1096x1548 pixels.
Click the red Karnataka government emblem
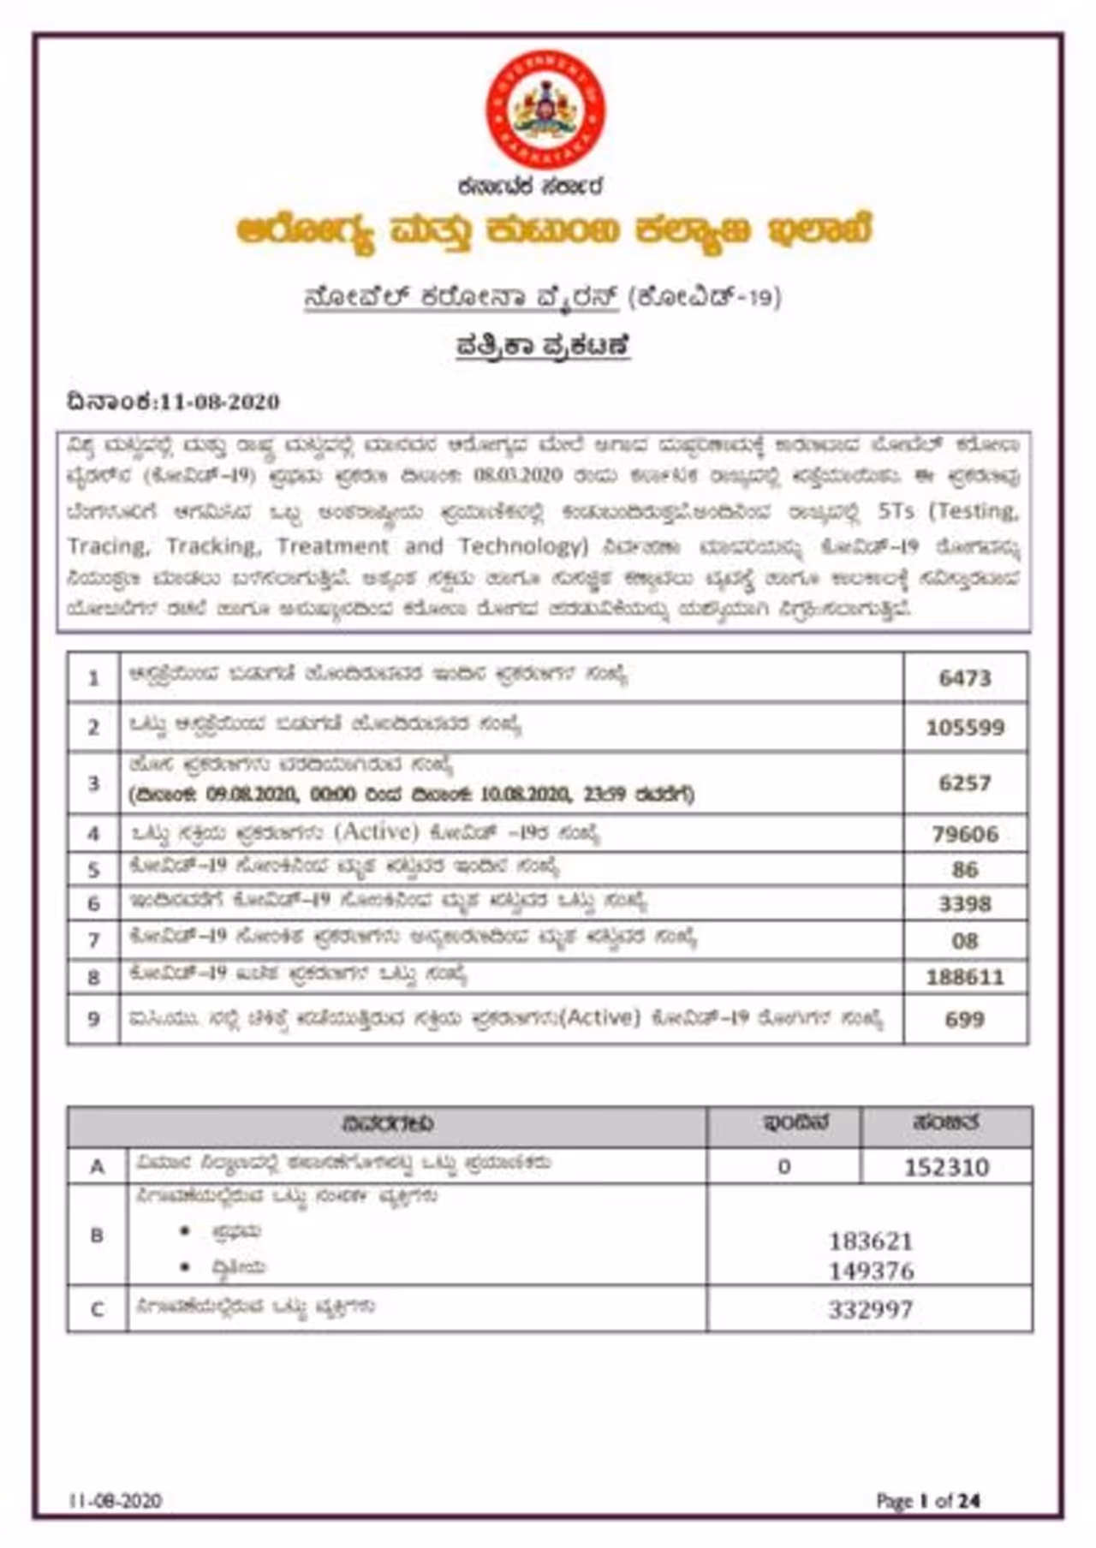click(x=545, y=109)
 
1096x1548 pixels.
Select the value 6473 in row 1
click(x=965, y=678)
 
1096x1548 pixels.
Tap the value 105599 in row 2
click(x=965, y=728)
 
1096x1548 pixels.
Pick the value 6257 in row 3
click(x=965, y=783)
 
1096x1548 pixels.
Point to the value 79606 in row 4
click(x=965, y=834)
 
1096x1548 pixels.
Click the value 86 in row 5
click(x=965, y=870)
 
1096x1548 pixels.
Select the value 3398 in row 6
click(x=965, y=904)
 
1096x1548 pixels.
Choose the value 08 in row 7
click(x=965, y=941)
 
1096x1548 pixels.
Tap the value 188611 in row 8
click(x=965, y=977)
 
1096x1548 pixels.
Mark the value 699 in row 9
click(x=965, y=1019)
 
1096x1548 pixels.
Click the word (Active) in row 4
click(x=377, y=831)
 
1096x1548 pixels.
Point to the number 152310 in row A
click(x=947, y=1167)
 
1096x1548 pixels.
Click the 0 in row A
click(x=783, y=1167)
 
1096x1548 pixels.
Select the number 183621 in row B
click(x=871, y=1241)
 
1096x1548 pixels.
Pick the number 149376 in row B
click(x=871, y=1271)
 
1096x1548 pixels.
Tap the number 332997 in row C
click(x=871, y=1310)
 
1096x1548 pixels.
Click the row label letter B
click(x=97, y=1235)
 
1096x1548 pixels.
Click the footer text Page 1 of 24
click(x=928, y=1501)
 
